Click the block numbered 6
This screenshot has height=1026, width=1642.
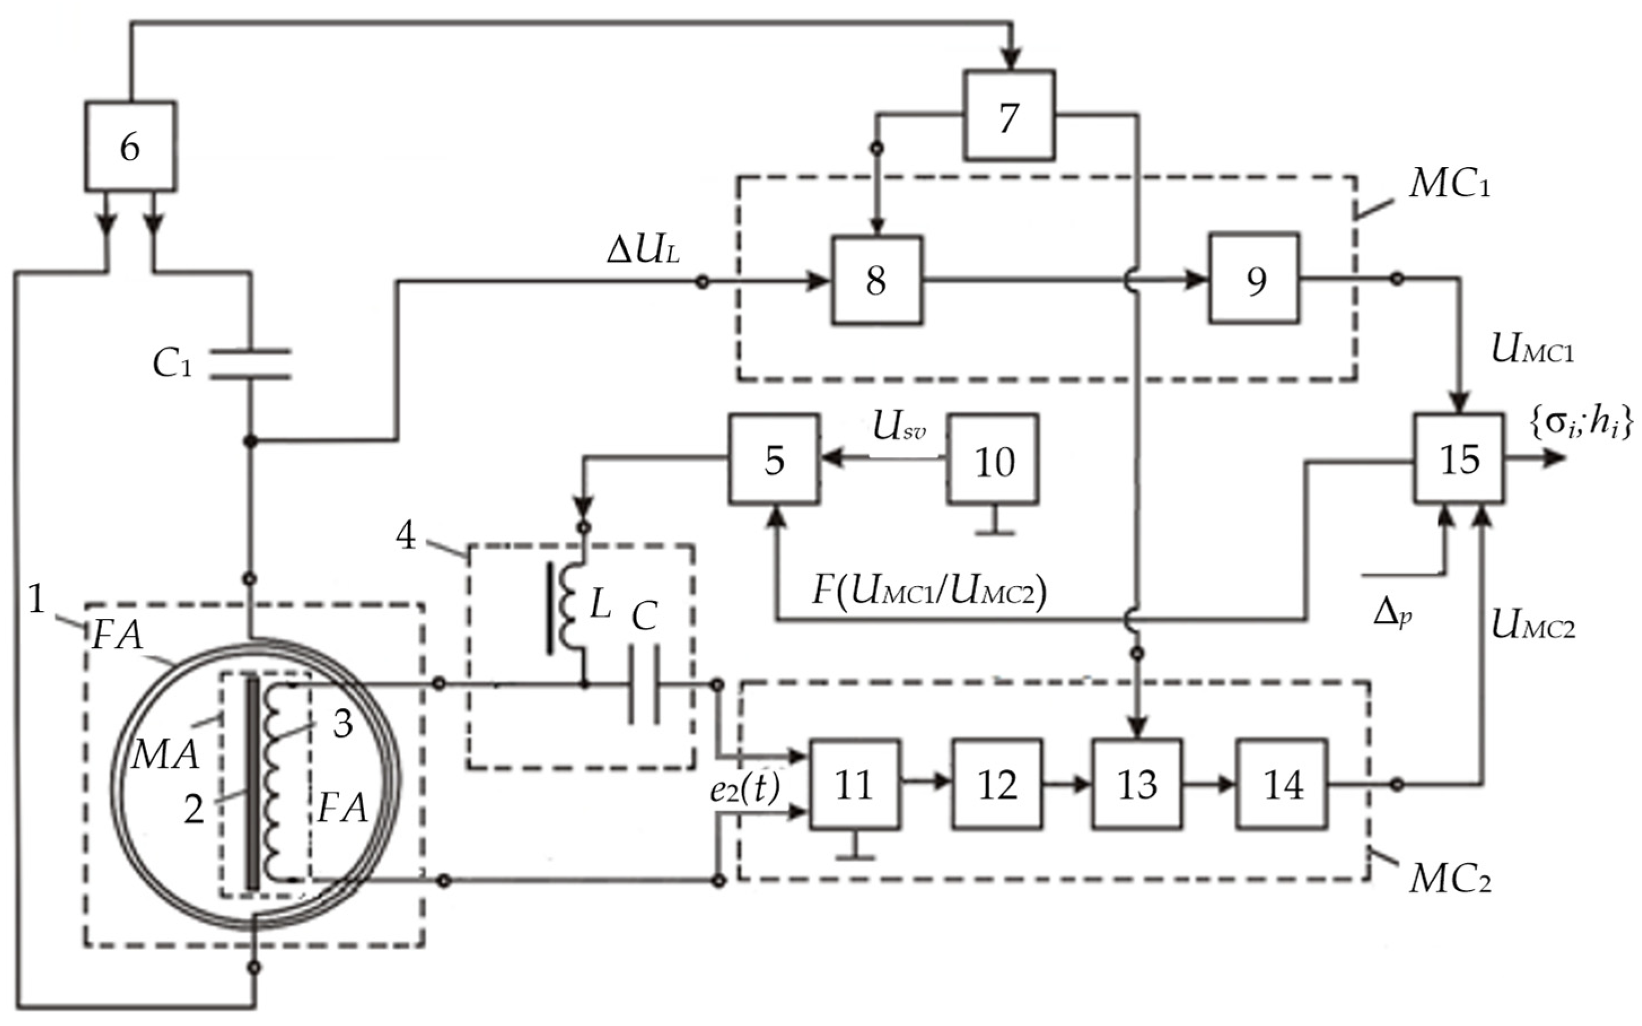pos(130,146)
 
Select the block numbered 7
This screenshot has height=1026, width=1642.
pos(1010,116)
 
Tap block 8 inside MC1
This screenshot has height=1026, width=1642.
pos(877,280)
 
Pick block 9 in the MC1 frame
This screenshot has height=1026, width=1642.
pos(1254,278)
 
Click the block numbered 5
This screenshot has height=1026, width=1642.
pos(774,459)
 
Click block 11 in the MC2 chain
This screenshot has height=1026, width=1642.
pos(854,785)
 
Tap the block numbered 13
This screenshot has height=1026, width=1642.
pos(1137,785)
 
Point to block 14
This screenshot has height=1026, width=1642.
pos(1281,785)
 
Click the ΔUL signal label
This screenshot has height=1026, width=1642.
pos(643,252)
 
